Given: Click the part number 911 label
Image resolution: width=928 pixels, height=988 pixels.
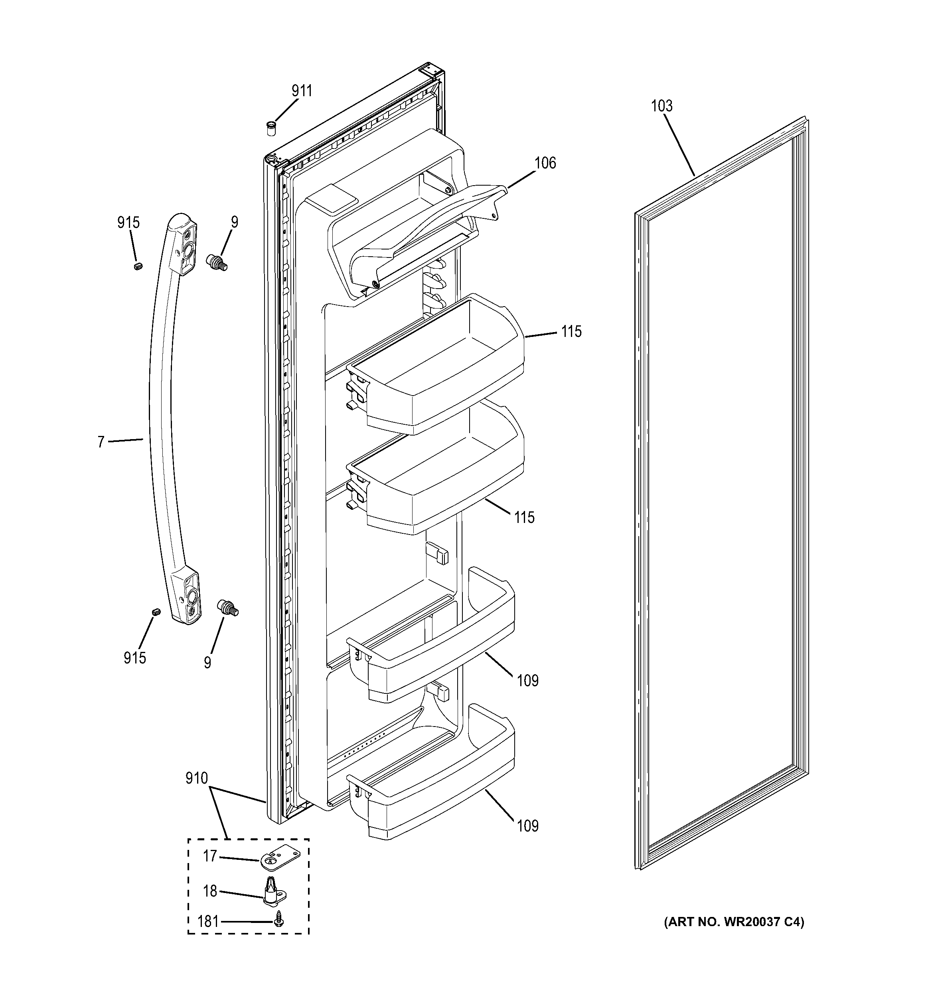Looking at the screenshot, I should pos(302,91).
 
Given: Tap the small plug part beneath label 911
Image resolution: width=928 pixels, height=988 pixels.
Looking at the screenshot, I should pos(271,128).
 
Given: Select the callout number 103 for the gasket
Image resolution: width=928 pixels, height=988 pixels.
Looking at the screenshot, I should pos(662,106).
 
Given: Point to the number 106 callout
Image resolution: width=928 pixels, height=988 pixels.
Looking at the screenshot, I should pos(545,163).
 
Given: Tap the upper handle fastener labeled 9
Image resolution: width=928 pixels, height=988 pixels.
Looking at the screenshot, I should pos(217,262).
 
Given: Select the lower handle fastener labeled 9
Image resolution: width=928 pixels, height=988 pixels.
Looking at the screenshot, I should pos(228,607).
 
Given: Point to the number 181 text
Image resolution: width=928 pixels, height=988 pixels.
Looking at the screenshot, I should pos(207,922).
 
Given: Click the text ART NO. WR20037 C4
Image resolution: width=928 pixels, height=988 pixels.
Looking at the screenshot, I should pos(734,922).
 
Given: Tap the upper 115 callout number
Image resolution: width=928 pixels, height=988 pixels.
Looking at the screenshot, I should pos(571,331).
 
